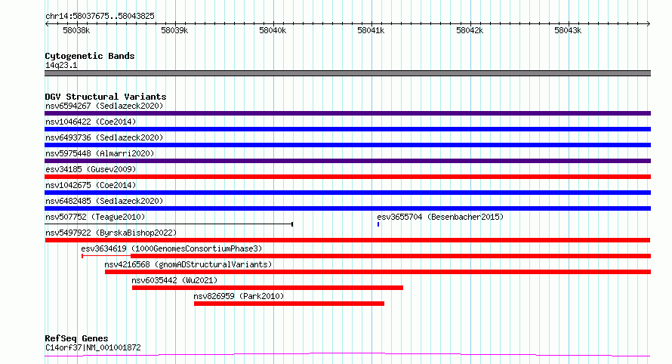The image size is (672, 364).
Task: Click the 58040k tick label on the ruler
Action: (x=273, y=30)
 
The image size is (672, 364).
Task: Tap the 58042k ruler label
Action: (x=470, y=30)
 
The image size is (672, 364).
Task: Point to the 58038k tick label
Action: (x=76, y=30)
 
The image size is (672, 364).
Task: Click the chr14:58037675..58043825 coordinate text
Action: (x=100, y=16)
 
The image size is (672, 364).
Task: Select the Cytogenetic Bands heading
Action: (x=90, y=56)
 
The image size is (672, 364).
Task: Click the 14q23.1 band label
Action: (x=61, y=65)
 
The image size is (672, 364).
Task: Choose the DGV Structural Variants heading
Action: (x=106, y=97)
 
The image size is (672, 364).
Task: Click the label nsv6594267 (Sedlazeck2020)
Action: (x=104, y=106)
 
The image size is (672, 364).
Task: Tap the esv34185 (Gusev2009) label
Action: (x=91, y=169)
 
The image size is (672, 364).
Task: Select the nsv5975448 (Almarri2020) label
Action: (x=100, y=153)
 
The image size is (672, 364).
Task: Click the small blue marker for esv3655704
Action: (x=378, y=224)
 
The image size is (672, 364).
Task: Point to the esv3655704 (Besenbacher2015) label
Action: (x=440, y=217)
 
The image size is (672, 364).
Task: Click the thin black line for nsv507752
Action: (x=169, y=224)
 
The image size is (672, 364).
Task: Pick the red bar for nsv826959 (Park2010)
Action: (x=289, y=304)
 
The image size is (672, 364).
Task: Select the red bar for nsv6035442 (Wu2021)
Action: (x=267, y=288)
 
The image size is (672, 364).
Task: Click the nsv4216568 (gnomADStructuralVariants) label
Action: (x=188, y=264)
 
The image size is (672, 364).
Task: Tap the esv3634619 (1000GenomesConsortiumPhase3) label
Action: (x=171, y=248)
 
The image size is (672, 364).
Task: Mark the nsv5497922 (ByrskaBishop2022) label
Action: (x=111, y=233)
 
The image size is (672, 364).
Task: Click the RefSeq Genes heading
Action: (x=76, y=338)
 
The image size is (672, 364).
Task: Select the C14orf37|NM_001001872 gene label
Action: (x=93, y=347)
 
